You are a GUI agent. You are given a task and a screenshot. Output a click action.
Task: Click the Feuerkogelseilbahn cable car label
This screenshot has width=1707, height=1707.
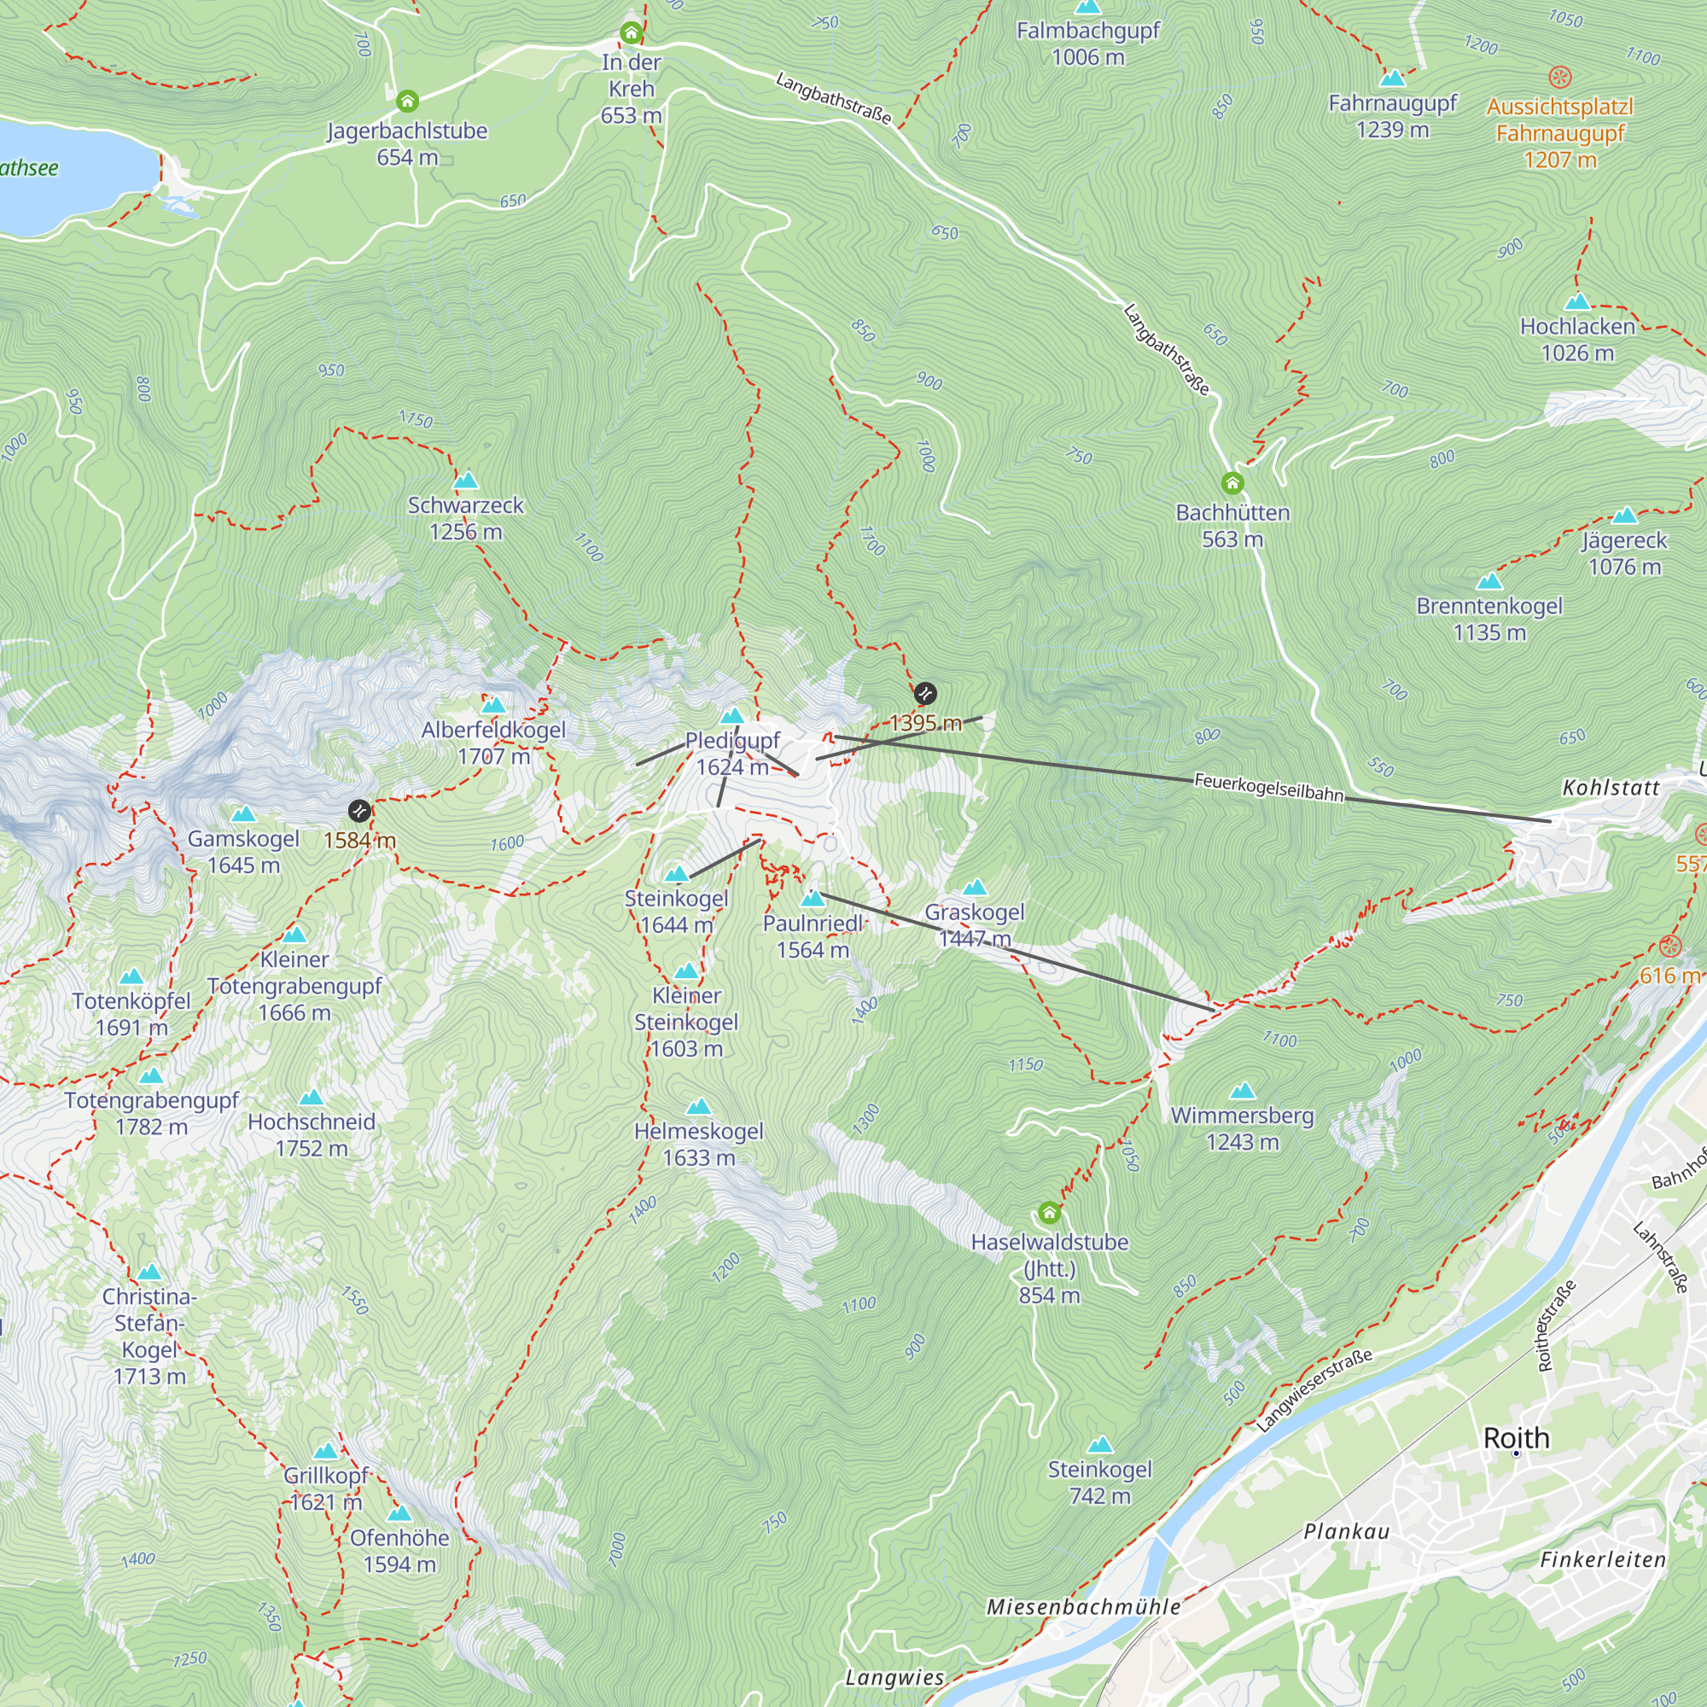coord(1268,786)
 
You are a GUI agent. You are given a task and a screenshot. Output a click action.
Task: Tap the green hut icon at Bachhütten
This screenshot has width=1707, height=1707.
coord(1232,483)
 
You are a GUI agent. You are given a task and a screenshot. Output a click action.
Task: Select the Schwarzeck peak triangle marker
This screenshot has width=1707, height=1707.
coord(466,481)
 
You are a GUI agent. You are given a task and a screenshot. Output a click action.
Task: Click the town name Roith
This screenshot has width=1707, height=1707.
coord(1516,1437)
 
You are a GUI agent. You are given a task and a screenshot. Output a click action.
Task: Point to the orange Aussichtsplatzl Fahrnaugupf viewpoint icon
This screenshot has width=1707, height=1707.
coord(1559,77)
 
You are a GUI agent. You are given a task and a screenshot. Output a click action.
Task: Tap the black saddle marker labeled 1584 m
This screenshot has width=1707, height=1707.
coord(358,810)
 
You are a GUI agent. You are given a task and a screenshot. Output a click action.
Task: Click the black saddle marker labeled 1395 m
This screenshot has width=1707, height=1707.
coord(924,694)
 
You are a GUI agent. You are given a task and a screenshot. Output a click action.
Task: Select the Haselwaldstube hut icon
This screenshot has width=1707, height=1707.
coord(1049,1212)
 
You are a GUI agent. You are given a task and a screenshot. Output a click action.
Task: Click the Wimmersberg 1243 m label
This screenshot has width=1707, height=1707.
coord(1241,1128)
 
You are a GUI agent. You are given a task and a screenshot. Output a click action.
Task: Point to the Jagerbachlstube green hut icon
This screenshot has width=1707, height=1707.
coord(407,101)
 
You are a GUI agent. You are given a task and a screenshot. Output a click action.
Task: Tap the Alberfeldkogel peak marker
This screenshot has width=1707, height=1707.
coord(493,705)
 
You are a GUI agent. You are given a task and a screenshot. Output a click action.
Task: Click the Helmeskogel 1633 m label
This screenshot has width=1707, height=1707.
coord(698,1145)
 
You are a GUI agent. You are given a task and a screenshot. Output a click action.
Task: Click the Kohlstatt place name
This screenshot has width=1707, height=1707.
coord(1611,787)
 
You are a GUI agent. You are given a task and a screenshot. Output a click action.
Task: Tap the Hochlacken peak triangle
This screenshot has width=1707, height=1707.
coord(1577,302)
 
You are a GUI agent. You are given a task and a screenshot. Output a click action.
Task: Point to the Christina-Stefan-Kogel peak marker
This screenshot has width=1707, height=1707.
coord(149,1273)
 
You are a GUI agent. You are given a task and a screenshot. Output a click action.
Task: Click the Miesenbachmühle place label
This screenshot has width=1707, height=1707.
coord(1083,1607)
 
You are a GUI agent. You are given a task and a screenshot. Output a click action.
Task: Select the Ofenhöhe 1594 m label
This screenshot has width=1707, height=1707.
coord(399,1551)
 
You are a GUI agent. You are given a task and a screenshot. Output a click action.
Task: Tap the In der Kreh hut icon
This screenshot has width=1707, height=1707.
coord(631,33)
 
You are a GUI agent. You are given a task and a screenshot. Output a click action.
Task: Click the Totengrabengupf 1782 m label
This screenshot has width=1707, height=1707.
coord(151,1113)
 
